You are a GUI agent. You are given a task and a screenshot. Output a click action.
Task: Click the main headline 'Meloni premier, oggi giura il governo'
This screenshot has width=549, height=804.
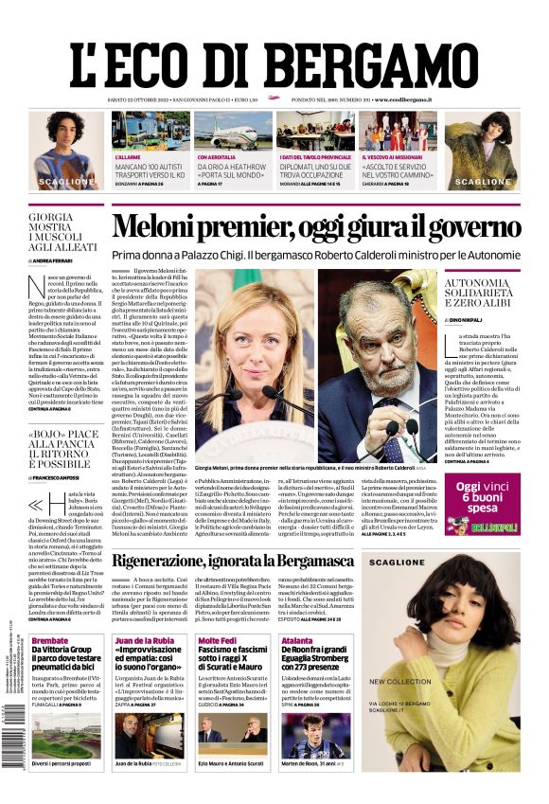click(x=316, y=227)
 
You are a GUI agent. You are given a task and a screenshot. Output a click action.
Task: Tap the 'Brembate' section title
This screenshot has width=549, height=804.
click(x=49, y=640)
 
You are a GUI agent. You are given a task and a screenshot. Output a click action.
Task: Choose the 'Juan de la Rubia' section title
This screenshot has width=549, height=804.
click(x=144, y=640)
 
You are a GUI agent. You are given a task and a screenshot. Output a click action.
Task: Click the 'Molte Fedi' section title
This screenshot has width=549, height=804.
click(x=217, y=640)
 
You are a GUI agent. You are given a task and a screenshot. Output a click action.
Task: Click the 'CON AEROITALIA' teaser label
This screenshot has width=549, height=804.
click(x=217, y=156)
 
